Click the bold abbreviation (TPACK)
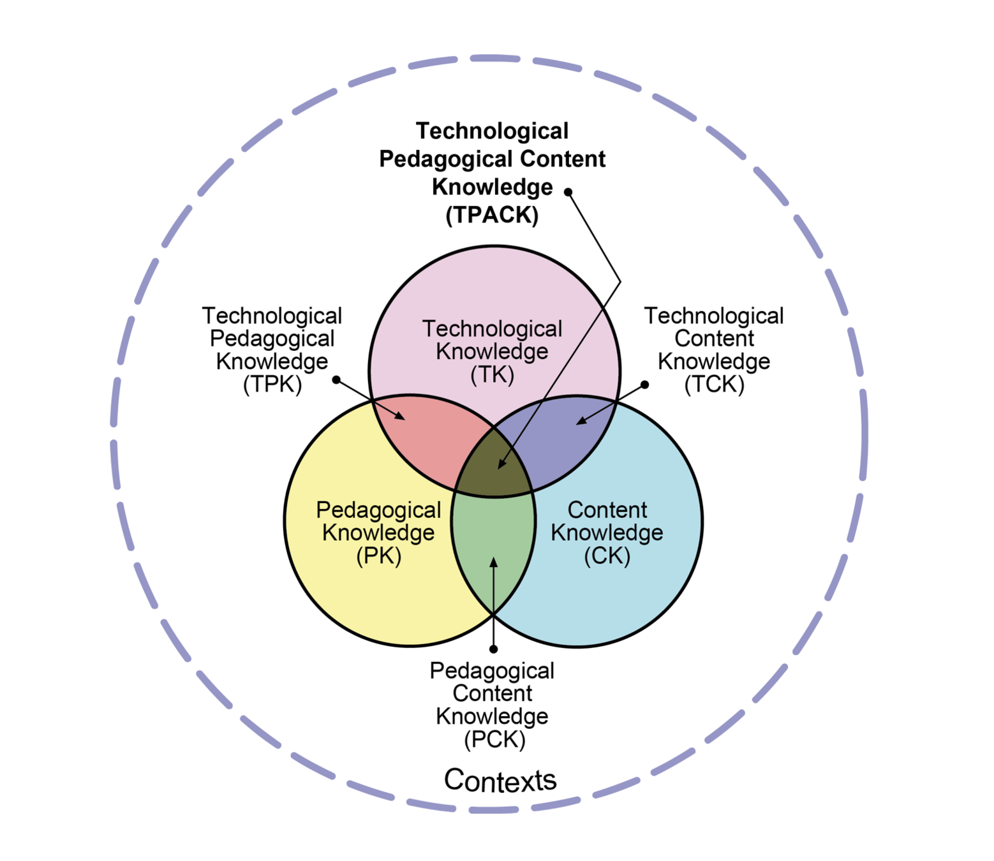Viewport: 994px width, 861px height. (x=492, y=215)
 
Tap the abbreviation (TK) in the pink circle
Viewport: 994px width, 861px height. (x=492, y=374)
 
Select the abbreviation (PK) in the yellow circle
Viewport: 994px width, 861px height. (x=378, y=556)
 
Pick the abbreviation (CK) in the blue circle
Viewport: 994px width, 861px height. (x=607, y=556)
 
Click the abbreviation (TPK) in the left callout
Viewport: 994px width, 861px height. (x=272, y=385)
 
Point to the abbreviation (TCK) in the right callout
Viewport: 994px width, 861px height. (x=714, y=385)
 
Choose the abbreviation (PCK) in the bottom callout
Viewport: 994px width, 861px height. (x=494, y=739)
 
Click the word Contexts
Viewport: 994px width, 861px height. (x=500, y=780)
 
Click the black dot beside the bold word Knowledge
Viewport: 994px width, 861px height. (x=568, y=192)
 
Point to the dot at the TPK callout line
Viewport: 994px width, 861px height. (x=336, y=380)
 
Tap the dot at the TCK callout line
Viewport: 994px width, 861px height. (x=645, y=385)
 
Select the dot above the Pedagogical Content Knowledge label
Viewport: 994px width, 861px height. (x=493, y=649)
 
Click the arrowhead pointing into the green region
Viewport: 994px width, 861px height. (x=493, y=562)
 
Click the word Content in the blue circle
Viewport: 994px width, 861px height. (x=607, y=510)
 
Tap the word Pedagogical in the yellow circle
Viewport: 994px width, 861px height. (x=378, y=510)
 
